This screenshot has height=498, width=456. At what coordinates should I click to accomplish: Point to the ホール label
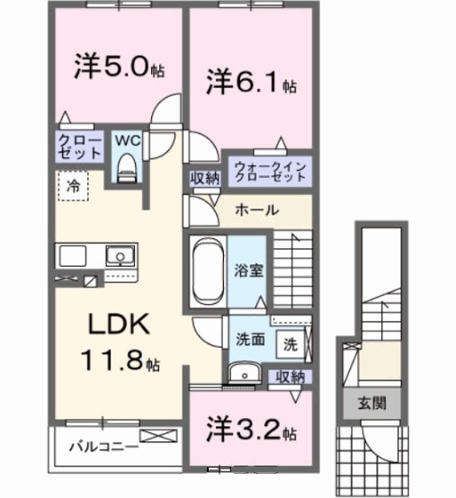(256, 210)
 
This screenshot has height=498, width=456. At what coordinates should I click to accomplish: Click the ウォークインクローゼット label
(269, 172)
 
